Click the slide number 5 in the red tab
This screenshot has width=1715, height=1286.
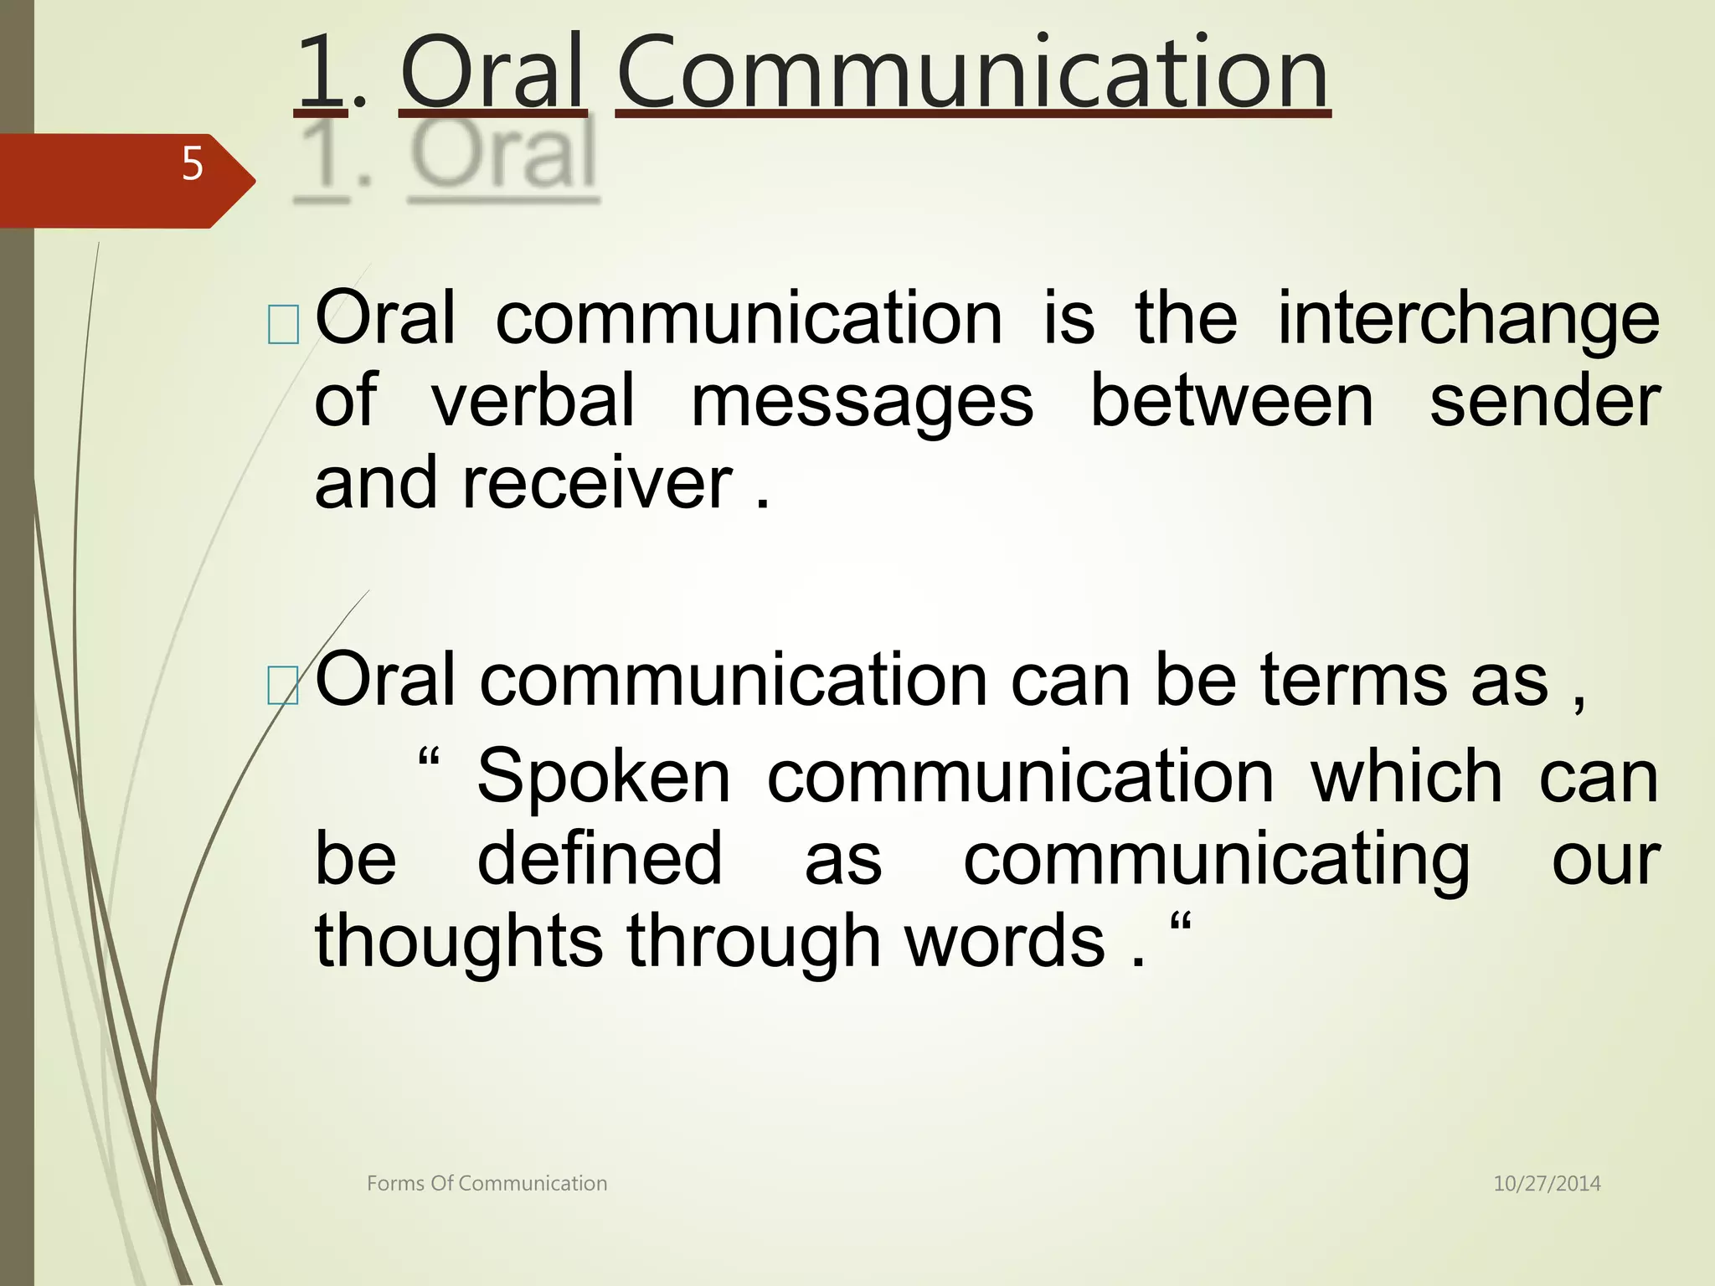click(193, 163)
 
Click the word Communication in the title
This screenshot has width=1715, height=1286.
click(972, 74)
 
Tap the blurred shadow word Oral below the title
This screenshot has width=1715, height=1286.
click(503, 156)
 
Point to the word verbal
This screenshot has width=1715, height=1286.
click(533, 400)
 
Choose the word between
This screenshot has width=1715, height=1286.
click(1231, 400)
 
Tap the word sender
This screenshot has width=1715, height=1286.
click(1544, 400)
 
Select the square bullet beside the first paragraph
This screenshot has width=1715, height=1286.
click(283, 326)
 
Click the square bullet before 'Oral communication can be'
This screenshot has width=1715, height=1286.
click(283, 686)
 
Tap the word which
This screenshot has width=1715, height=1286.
click(1407, 777)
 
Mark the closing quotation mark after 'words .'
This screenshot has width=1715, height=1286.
click(1180, 925)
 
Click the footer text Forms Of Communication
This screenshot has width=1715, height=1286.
click(487, 1183)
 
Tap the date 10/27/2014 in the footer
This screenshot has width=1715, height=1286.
click(1547, 1183)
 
